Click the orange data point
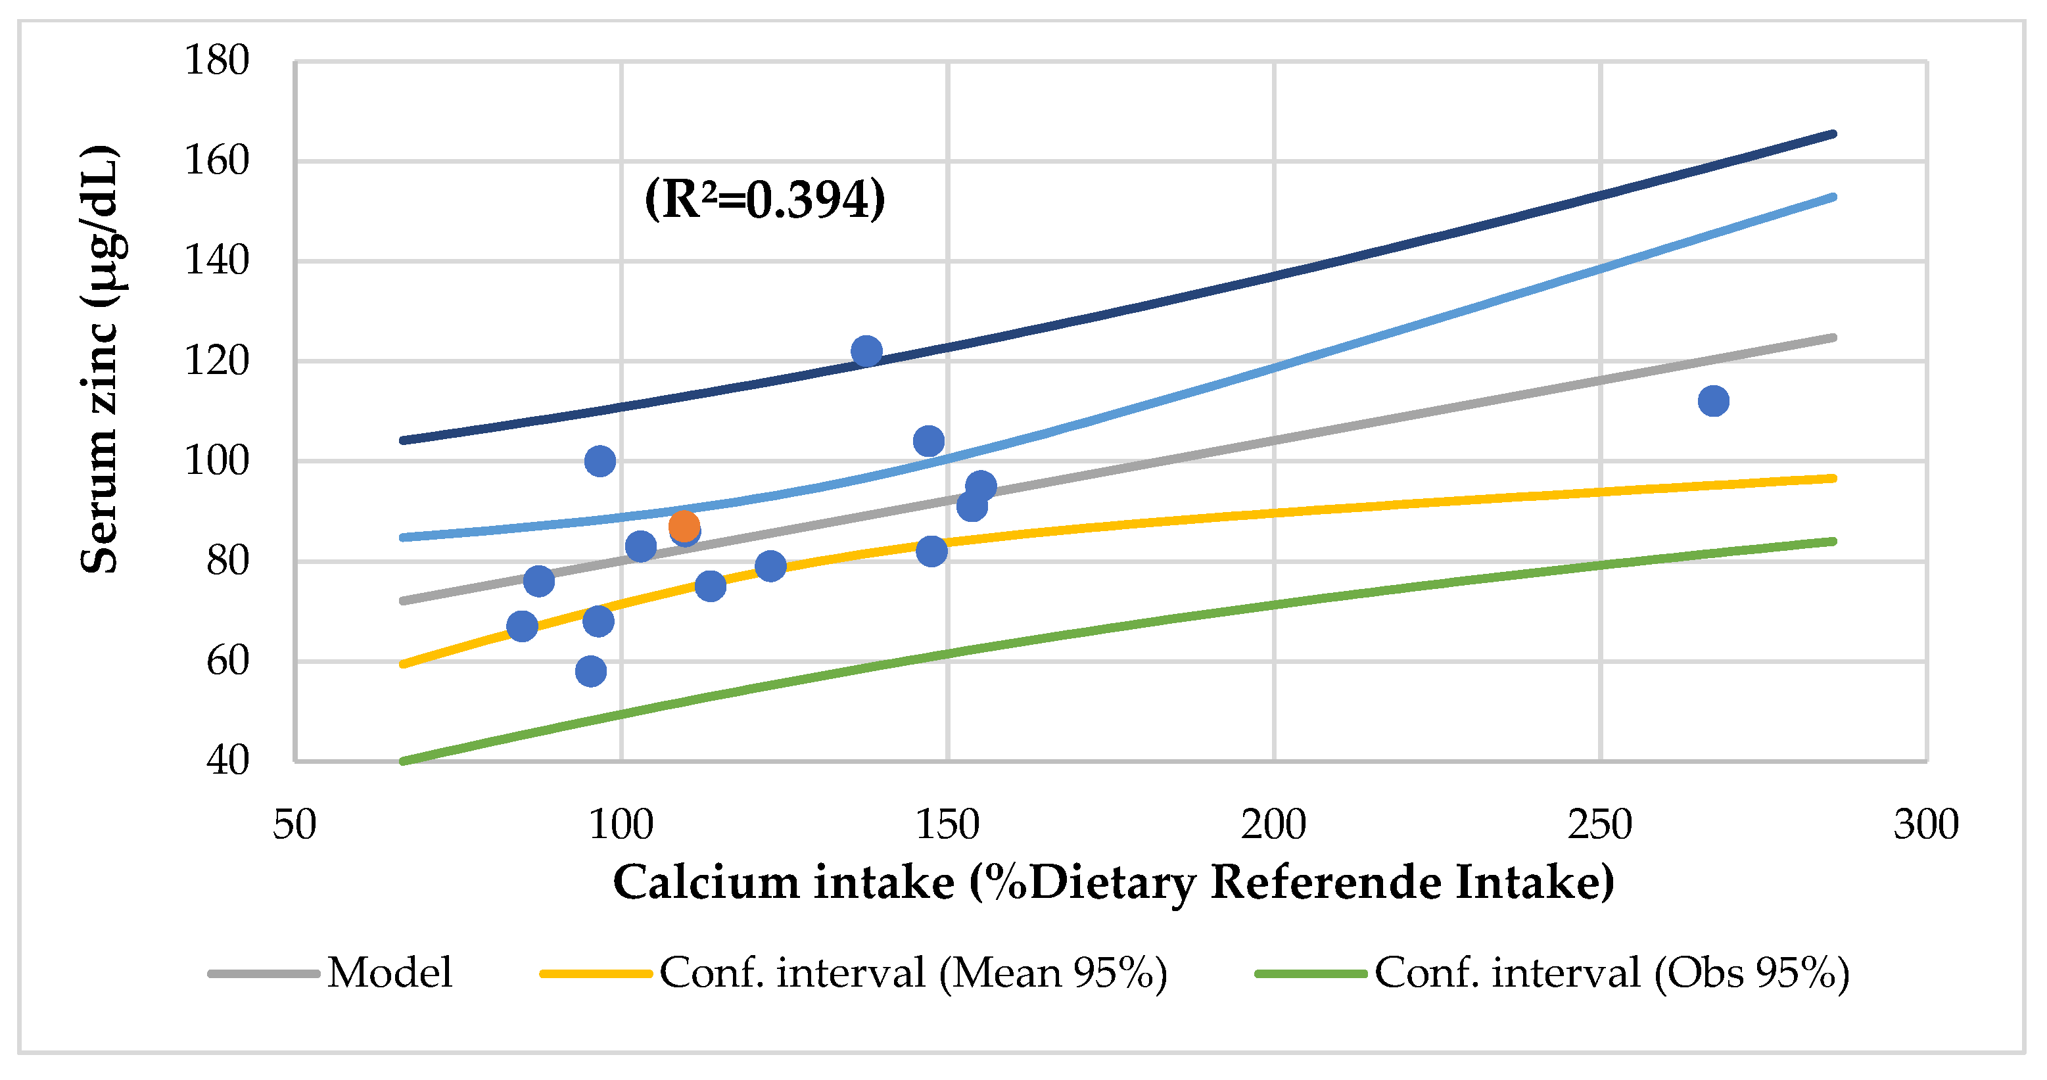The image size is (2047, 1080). (684, 526)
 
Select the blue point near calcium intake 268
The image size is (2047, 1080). (1713, 402)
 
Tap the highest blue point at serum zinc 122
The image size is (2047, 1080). (866, 351)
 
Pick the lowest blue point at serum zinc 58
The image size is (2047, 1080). (590, 672)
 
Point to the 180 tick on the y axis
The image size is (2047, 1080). (216, 61)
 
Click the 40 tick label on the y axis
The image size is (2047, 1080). (227, 761)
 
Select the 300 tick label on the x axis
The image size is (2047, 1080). (1926, 825)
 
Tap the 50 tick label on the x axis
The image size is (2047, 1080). (294, 825)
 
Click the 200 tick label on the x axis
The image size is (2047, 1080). (1273, 825)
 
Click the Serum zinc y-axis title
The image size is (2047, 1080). (100, 359)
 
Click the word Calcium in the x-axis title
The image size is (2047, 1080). (705, 882)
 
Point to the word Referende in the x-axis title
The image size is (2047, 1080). (1325, 882)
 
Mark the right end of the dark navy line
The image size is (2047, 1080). (1833, 134)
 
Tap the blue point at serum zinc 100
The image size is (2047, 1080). (600, 461)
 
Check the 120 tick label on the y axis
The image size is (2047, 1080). (216, 362)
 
